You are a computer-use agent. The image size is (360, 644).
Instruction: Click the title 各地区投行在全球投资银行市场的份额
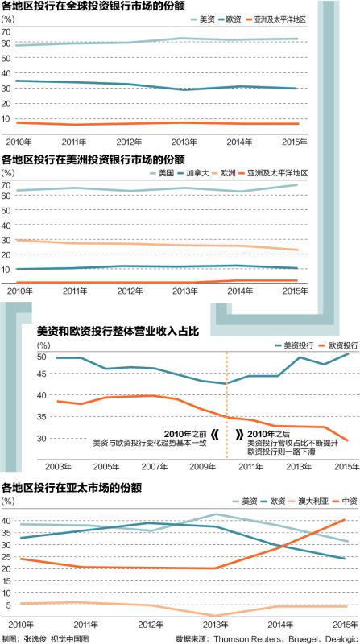(94, 7)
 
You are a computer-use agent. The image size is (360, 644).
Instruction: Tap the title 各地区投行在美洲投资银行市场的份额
(94, 159)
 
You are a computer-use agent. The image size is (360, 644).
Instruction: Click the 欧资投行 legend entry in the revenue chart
(333, 345)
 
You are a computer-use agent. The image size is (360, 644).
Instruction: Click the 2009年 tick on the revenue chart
(200, 467)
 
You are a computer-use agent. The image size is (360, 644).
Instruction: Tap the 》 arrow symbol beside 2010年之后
(240, 435)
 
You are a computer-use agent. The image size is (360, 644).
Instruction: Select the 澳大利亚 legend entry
(302, 500)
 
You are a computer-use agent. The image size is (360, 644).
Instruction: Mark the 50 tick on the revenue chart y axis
(43, 356)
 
